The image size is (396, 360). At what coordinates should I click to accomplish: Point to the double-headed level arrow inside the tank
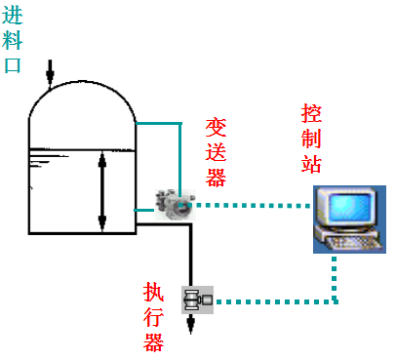102,192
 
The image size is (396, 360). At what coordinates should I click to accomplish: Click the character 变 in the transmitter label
216,129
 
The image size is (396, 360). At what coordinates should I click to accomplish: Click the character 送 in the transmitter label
216,152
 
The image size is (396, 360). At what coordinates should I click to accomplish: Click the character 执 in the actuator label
153,292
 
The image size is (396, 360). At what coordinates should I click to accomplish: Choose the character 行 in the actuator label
153,316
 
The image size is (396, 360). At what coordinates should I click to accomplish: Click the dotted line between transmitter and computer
254,205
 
